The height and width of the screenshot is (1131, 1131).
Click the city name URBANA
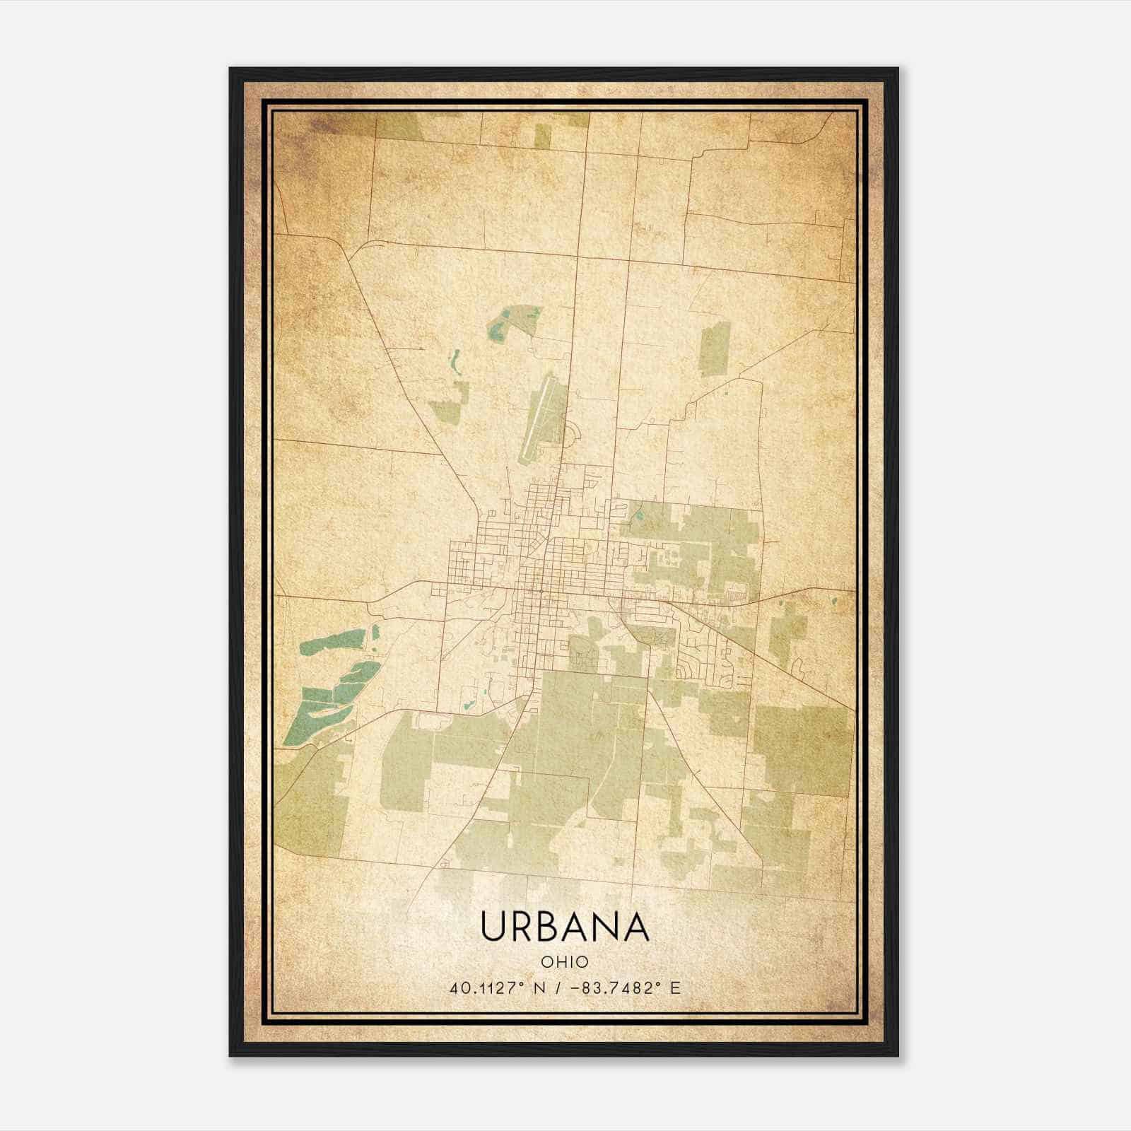[x=564, y=927]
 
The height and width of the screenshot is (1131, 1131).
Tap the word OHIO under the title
[x=564, y=962]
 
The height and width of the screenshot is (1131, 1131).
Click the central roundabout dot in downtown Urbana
[x=540, y=590]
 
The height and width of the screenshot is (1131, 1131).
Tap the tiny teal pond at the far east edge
[x=835, y=602]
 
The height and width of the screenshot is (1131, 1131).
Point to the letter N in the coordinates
[x=539, y=988]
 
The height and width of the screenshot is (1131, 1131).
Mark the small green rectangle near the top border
[x=541, y=136]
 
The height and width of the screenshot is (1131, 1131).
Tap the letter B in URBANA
[x=551, y=927]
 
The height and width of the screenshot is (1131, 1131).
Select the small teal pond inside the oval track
[x=467, y=705]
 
